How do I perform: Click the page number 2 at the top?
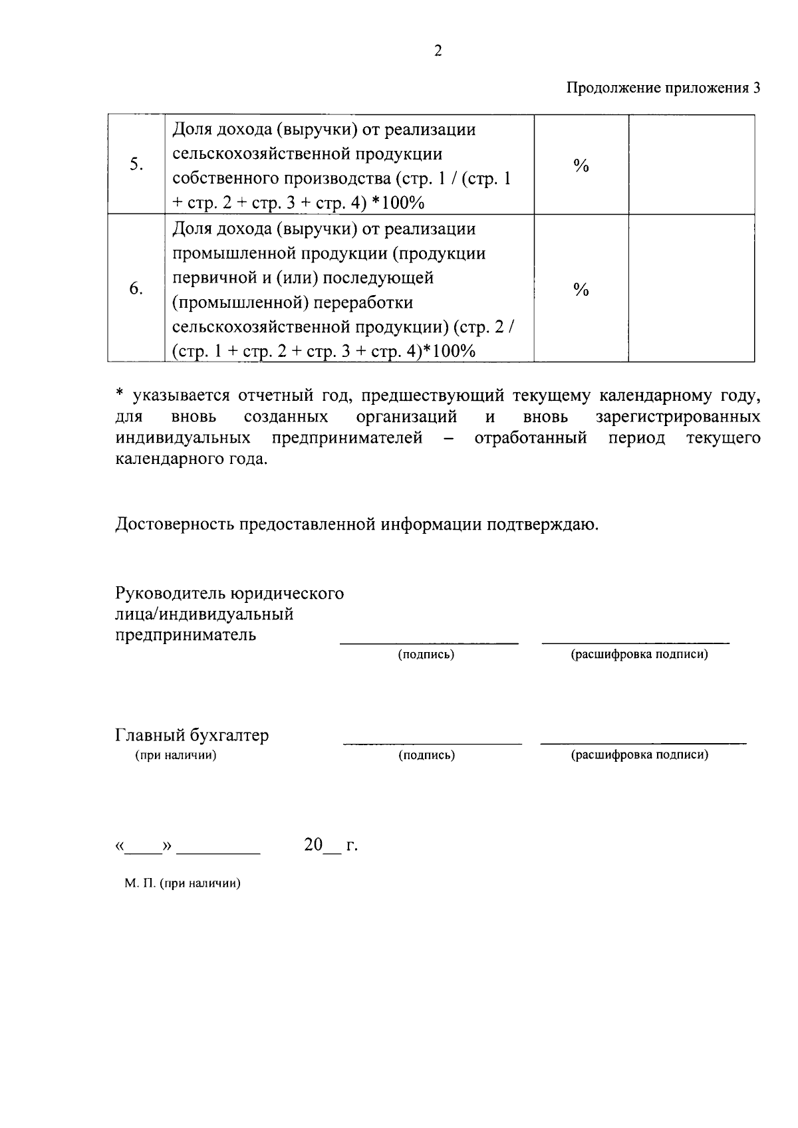tap(438, 51)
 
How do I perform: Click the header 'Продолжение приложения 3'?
tap(662, 88)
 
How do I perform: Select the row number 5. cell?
tap(136, 165)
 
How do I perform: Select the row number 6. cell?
tap(136, 288)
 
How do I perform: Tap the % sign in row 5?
tap(581, 166)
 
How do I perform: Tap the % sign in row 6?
tap(581, 289)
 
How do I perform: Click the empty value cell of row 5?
tap(691, 165)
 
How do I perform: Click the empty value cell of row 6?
tap(691, 288)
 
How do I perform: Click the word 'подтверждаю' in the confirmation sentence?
tap(541, 524)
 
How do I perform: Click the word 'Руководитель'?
tap(170, 593)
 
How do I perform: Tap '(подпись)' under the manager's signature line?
tap(426, 655)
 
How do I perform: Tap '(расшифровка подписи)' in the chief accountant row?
tap(640, 755)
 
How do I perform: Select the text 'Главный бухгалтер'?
tap(192, 736)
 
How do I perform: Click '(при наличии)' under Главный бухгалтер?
tap(176, 755)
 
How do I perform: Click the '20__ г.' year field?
tap(331, 846)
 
